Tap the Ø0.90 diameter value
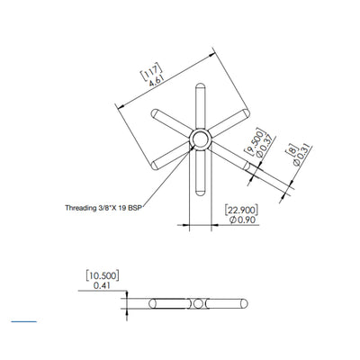coord(239,219)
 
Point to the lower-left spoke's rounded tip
coord(155,163)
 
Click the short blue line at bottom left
coord(23,320)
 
